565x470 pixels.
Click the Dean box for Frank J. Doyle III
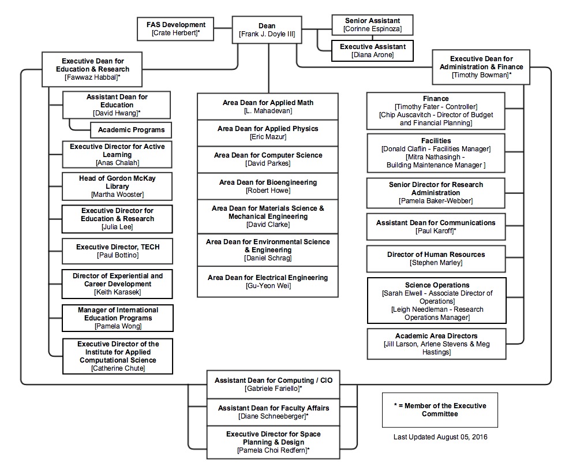click(267, 30)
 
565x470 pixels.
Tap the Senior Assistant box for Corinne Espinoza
click(372, 25)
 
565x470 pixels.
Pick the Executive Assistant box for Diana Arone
click(372, 50)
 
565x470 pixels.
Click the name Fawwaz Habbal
click(93, 77)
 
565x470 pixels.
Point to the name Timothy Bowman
click(481, 75)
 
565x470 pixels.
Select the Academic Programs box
click(131, 130)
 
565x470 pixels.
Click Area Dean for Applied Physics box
click(268, 133)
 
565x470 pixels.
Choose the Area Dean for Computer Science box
click(268, 159)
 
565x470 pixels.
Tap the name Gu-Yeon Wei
click(268, 286)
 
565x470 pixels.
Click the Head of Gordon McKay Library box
click(117, 186)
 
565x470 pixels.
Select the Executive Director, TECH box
click(117, 251)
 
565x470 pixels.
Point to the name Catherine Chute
click(118, 368)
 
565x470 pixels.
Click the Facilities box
click(436, 153)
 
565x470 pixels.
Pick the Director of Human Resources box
click(436, 259)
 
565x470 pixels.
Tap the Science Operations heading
click(437, 285)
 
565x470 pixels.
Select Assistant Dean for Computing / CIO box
click(274, 385)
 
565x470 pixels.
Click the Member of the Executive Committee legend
click(440, 410)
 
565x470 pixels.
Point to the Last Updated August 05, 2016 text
click(440, 437)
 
